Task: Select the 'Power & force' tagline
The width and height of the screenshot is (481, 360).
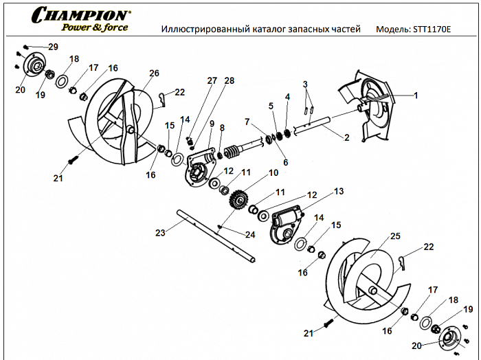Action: tap(95, 27)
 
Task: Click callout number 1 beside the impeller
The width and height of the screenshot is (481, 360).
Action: tap(415, 95)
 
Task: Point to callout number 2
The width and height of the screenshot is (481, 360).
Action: tap(346, 137)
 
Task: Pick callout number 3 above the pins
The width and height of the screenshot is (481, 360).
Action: tap(307, 85)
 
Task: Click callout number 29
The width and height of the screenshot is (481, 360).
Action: tap(53, 46)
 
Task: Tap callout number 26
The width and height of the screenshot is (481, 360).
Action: tap(154, 73)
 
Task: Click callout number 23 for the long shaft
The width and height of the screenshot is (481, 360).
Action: tap(160, 233)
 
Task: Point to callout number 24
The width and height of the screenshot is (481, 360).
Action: tap(250, 235)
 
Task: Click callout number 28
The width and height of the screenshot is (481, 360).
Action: tap(229, 80)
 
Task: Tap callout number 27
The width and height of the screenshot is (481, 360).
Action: tap(212, 80)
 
